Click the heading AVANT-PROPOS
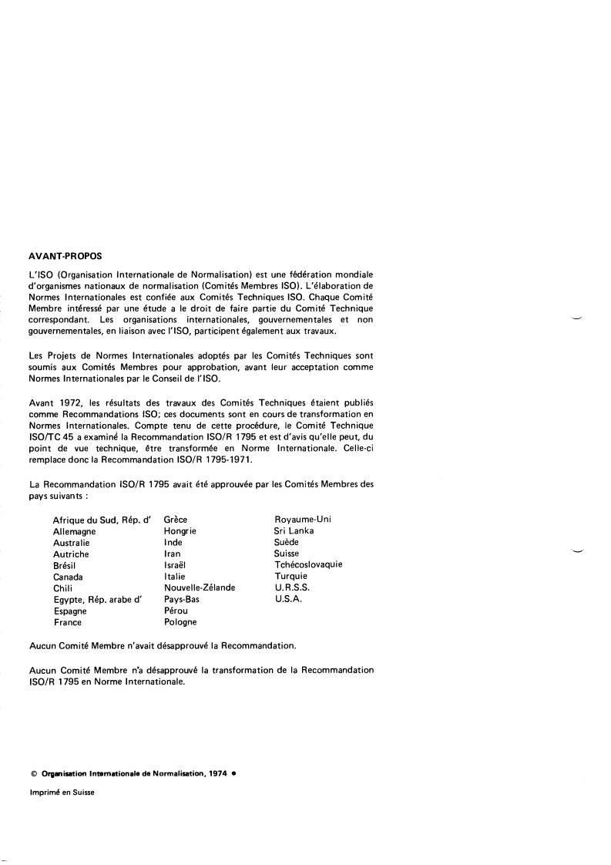(65, 255)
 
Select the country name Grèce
(176, 520)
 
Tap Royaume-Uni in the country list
(303, 519)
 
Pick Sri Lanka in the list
(294, 530)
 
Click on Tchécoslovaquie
(308, 564)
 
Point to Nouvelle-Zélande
(200, 587)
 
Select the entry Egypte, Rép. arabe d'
(98, 599)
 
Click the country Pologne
(180, 621)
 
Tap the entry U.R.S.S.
(292, 587)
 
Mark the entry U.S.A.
(288, 598)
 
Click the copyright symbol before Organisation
(34, 773)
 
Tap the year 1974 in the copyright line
(217, 773)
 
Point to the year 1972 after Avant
(70, 402)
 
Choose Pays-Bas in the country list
(183, 599)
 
